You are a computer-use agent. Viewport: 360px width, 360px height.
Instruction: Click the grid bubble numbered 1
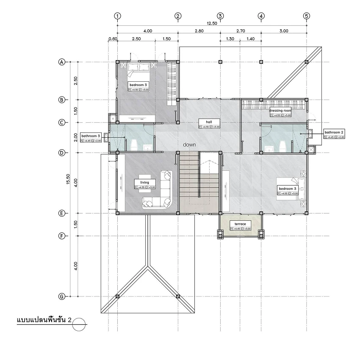click(x=117, y=16)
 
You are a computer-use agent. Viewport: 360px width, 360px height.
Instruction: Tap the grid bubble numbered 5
click(x=306, y=16)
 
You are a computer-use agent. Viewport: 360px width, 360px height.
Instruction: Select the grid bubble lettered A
click(x=62, y=62)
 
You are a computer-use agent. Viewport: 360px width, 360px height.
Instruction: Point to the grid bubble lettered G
click(x=62, y=296)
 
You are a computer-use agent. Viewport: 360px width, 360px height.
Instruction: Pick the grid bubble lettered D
click(x=62, y=152)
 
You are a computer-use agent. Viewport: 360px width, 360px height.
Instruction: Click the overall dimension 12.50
click(x=212, y=23)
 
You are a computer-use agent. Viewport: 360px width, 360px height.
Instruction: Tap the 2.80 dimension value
click(x=199, y=31)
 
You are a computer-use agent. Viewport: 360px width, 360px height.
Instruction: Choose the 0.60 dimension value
click(x=113, y=39)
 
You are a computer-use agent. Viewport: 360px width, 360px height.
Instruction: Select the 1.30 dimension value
click(x=230, y=39)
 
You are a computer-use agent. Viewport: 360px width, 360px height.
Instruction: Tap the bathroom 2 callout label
click(x=335, y=132)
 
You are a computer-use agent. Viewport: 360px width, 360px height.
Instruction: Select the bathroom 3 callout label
click(x=91, y=136)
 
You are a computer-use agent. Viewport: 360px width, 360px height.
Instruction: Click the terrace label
click(x=240, y=224)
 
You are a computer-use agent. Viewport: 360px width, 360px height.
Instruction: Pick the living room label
click(x=145, y=183)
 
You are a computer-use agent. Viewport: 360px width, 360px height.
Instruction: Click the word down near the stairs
click(x=189, y=145)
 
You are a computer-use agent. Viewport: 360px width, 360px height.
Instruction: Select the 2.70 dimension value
click(x=240, y=31)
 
